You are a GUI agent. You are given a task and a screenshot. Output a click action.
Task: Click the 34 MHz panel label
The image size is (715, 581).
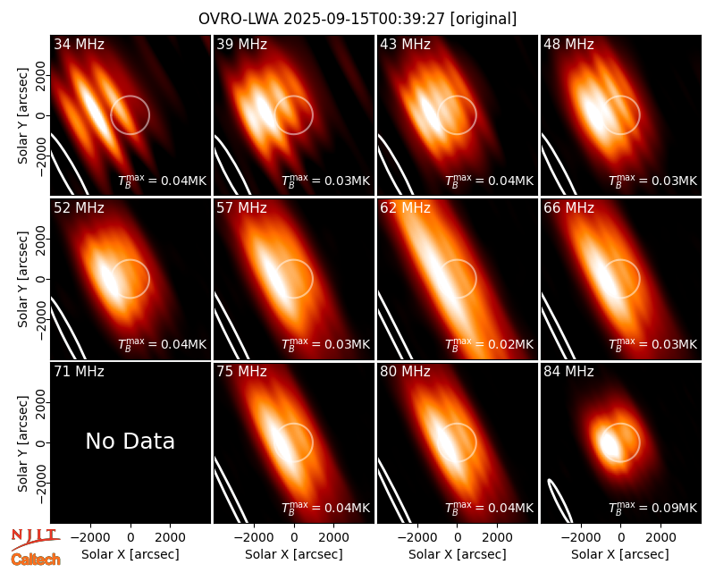pyautogui.click(x=79, y=44)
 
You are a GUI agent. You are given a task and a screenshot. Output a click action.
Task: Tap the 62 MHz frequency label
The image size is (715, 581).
pyautogui.click(x=406, y=208)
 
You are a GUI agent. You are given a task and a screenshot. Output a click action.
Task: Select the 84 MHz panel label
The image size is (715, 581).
pyautogui.click(x=568, y=372)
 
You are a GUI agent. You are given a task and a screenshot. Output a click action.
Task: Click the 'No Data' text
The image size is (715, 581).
pyautogui.click(x=130, y=441)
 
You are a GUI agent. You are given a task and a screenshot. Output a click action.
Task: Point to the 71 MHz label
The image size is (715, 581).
pyautogui.click(x=79, y=372)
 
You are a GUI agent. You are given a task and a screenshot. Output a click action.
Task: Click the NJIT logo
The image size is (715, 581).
pyautogui.click(x=35, y=539)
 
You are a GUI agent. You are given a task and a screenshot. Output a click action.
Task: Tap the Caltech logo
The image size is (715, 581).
pyautogui.click(x=36, y=560)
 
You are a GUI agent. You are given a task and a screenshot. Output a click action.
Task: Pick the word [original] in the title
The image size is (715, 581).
pyautogui.click(x=484, y=19)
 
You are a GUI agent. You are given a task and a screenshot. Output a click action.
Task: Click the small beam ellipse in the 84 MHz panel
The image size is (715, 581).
pyautogui.click(x=559, y=501)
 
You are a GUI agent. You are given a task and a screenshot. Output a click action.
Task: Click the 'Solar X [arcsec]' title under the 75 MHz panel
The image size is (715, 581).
pyautogui.click(x=294, y=554)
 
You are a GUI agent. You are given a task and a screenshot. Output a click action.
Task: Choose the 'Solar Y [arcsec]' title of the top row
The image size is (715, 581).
pyautogui.click(x=22, y=115)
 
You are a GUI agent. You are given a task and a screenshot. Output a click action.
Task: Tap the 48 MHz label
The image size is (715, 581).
pyautogui.click(x=568, y=44)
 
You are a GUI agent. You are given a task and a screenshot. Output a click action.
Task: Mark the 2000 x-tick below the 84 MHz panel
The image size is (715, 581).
pyautogui.click(x=660, y=537)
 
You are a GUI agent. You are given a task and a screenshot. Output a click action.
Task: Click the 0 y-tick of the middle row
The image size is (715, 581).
pyautogui.click(x=41, y=279)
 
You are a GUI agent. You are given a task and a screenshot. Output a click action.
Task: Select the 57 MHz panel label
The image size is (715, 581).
pyautogui.click(x=241, y=208)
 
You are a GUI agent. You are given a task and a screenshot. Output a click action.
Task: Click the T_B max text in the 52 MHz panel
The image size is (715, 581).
pyautogui.click(x=131, y=344)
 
